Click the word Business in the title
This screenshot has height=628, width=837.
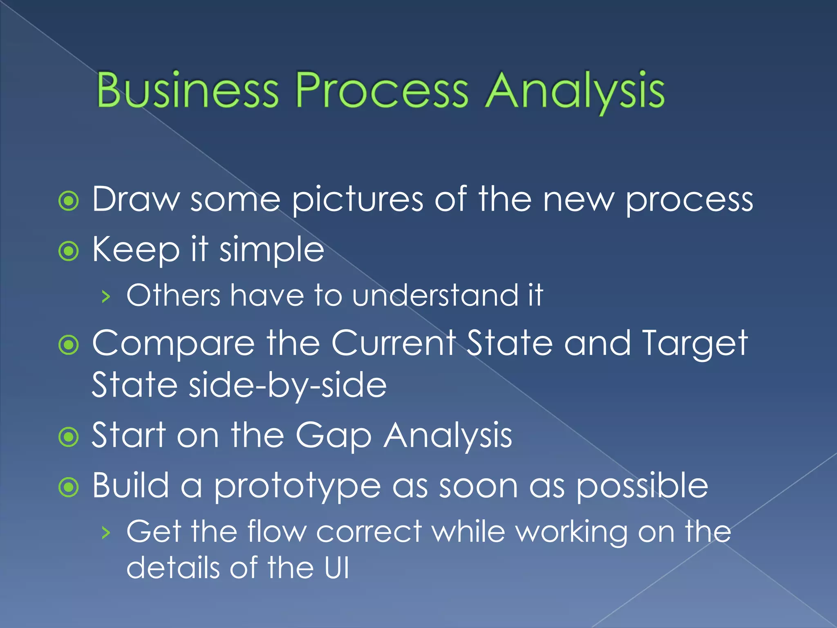(x=188, y=90)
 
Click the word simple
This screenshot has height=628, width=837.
(x=272, y=250)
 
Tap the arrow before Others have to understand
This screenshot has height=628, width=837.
(x=106, y=296)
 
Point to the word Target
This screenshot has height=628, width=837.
(x=695, y=344)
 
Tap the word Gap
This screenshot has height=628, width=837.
(x=333, y=437)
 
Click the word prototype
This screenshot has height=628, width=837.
(x=297, y=487)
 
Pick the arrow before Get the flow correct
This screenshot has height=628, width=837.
(x=106, y=533)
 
